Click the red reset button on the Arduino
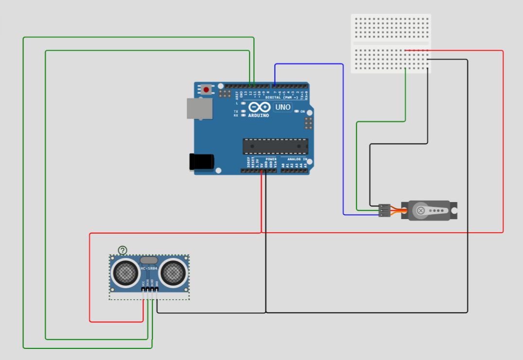pyautogui.click(x=207, y=89)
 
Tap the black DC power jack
pyautogui.click(x=201, y=161)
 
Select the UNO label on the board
pyautogui.click(x=282, y=107)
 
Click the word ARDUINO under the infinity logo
pyautogui.click(x=259, y=116)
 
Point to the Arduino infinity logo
pyautogui.click(x=259, y=107)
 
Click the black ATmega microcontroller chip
pyautogui.click(x=276, y=145)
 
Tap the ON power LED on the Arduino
pyautogui.click(x=296, y=112)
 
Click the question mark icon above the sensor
pyautogui.click(x=122, y=250)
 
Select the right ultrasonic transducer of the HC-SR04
pyautogui.click(x=174, y=272)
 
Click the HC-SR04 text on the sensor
pyautogui.click(x=149, y=268)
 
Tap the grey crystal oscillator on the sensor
pyautogui.click(x=149, y=260)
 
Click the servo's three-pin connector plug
pyautogui.click(x=384, y=210)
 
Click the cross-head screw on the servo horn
pyautogui.click(x=421, y=210)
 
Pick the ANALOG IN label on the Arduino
pyautogui.click(x=297, y=159)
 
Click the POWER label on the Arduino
pyautogui.click(x=271, y=159)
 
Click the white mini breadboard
pyautogui.click(x=391, y=44)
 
